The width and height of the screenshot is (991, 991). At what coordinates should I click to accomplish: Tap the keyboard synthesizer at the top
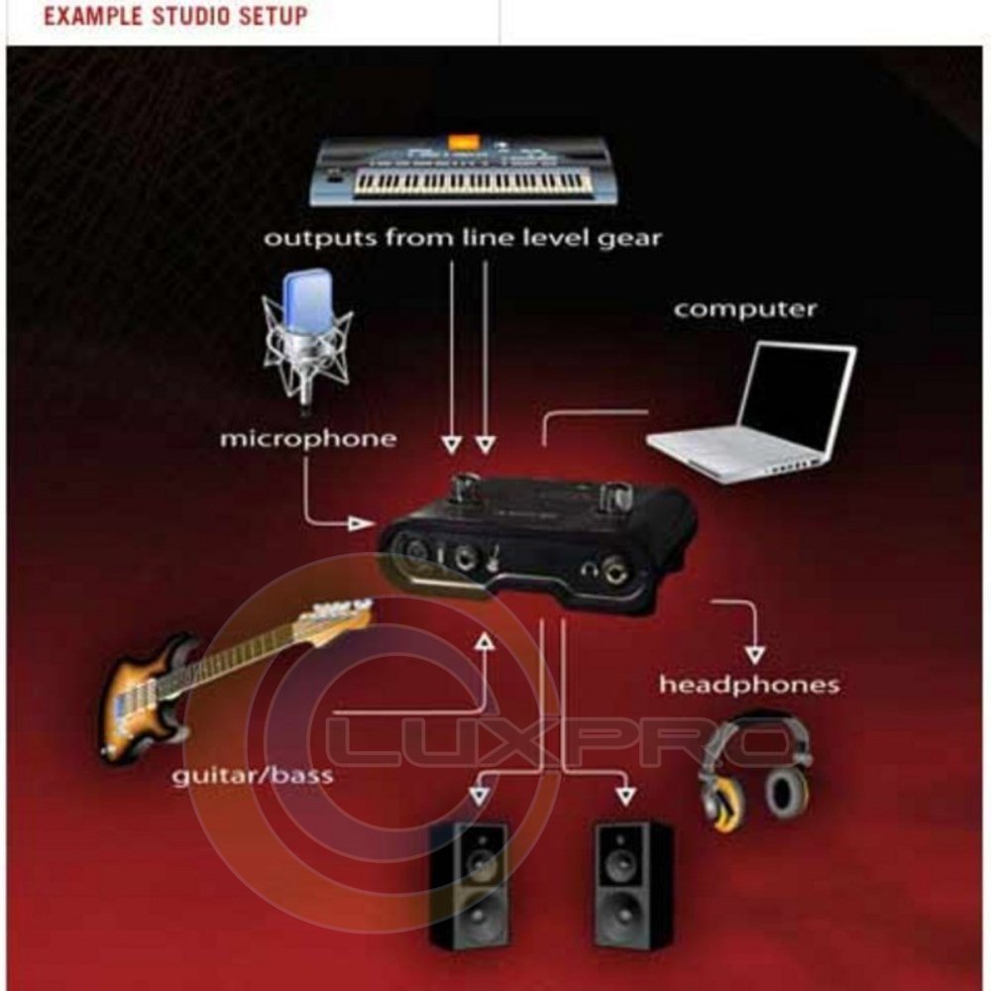tap(465, 169)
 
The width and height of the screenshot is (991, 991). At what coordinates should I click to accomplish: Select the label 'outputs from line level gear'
tap(463, 238)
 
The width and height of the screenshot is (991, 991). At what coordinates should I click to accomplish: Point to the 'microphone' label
tap(308, 439)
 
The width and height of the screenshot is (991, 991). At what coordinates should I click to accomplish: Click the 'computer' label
tap(745, 309)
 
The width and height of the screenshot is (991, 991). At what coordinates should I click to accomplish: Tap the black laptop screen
tap(797, 396)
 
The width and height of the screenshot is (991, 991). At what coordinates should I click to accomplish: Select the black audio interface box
tap(537, 543)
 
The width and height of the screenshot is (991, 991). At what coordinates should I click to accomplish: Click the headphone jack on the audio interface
tap(613, 570)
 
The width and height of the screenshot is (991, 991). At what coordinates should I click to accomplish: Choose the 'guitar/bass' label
tap(253, 776)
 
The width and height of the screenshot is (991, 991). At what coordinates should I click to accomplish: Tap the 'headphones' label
tap(749, 685)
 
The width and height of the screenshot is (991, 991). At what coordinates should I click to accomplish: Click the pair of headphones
tap(756, 772)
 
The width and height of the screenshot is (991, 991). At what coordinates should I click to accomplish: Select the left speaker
tap(470, 885)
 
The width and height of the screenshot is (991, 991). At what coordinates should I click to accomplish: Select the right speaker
tap(633, 884)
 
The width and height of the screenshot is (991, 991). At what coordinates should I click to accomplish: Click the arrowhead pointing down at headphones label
tap(754, 654)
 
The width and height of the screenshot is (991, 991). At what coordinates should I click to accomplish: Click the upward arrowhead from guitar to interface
tap(485, 642)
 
